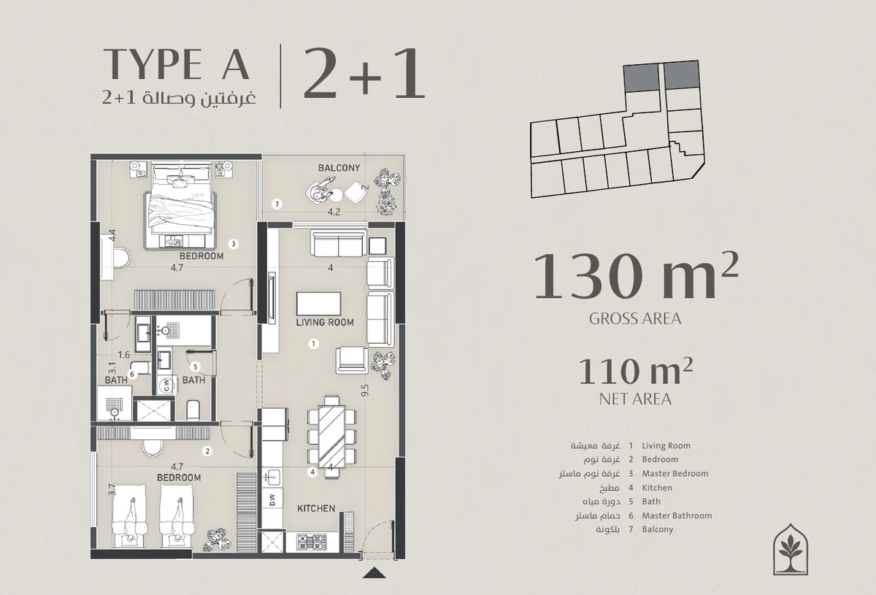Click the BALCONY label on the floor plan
point(339,168)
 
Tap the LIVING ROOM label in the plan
point(325,323)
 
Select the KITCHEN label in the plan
point(316,508)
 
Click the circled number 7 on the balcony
point(277,204)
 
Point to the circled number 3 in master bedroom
point(233,244)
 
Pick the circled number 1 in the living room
point(313,344)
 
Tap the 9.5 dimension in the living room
point(365,390)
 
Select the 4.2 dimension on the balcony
point(334,212)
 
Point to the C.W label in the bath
point(166,386)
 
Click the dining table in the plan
point(332,437)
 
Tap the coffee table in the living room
point(319,304)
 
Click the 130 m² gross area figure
point(636,276)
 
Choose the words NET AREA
point(635,399)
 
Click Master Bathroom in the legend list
point(677,515)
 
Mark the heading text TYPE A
point(177,64)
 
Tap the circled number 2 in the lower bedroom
point(207,451)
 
